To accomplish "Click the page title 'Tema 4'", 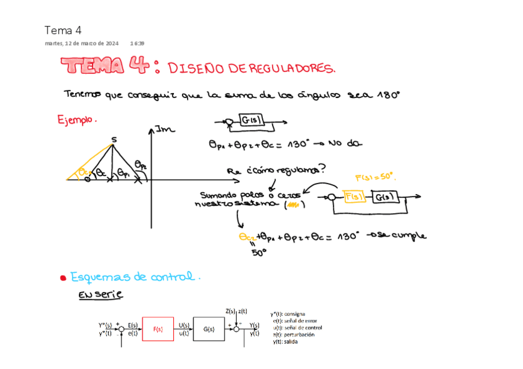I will click(63, 30).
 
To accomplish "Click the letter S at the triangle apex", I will click(113, 139).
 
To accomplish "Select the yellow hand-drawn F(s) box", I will click(355, 197).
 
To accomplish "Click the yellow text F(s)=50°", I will click(375, 176).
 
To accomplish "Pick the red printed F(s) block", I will click(158, 329).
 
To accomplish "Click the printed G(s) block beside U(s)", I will click(209, 329).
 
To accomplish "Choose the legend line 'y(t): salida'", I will click(286, 342).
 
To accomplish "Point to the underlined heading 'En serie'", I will click(101, 295).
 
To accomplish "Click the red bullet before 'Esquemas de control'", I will click(63, 278).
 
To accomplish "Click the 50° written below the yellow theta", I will click(258, 252).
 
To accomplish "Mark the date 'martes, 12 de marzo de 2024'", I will click(82, 44).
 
